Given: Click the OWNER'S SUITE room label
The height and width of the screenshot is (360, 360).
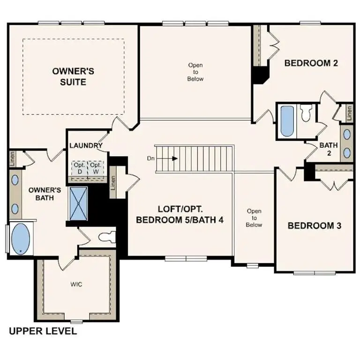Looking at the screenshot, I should tap(73, 76).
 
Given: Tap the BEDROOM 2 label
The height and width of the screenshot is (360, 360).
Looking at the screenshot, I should tap(311, 63).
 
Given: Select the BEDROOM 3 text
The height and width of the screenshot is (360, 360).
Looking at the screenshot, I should tap(314, 225).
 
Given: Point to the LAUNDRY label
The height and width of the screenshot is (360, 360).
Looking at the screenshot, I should tap(86, 146).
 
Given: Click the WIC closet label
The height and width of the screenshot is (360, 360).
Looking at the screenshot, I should tap(77, 284).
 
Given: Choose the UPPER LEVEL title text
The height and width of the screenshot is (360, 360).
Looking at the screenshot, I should tap(43, 331).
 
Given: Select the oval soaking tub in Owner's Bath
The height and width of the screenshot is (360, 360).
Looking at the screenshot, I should tap(20, 239).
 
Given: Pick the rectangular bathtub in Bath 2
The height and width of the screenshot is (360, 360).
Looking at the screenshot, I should tap(286, 121).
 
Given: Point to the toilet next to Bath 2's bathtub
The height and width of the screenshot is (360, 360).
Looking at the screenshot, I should tap(307, 112).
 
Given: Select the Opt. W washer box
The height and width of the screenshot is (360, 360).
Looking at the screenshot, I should tap(95, 168).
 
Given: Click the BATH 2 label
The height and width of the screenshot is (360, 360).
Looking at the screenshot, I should tap(329, 149).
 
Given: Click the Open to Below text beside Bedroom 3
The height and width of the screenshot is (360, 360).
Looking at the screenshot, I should tap(254, 218).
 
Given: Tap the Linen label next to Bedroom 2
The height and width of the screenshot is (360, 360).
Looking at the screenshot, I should tap(349, 112).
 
